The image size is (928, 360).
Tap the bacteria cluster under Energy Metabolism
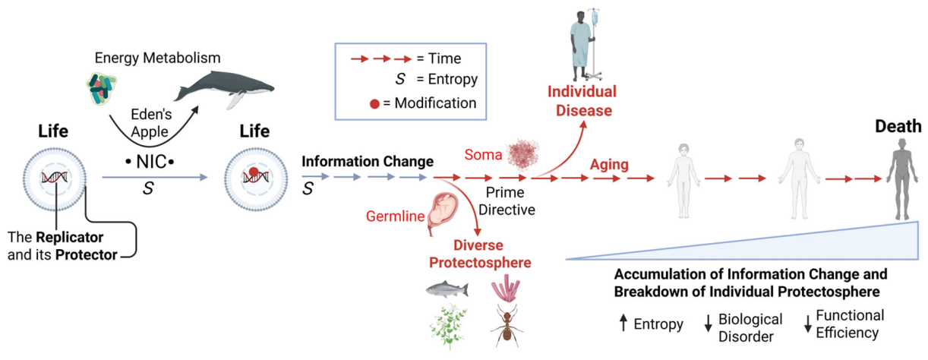(x=102, y=88)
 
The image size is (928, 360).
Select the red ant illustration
(x=507, y=327)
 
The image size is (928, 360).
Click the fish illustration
(x=447, y=289)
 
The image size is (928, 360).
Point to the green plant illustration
(x=449, y=326)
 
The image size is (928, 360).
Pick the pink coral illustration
(x=506, y=289)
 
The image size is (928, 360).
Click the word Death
(x=898, y=126)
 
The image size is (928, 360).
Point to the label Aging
(x=609, y=165)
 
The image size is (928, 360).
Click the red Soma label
(x=483, y=154)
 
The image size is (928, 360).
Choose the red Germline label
(x=395, y=216)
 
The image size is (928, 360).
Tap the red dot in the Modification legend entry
(x=374, y=103)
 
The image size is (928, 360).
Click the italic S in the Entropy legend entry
(x=399, y=79)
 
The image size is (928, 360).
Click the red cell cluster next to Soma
(x=522, y=155)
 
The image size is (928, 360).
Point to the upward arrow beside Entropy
(x=623, y=322)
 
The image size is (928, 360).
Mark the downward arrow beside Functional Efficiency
(x=808, y=324)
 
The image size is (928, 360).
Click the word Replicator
(x=70, y=238)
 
